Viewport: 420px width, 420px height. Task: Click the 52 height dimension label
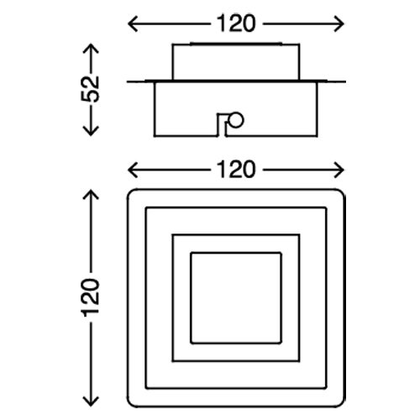[x=91, y=89]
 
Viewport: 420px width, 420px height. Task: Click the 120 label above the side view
[x=236, y=24]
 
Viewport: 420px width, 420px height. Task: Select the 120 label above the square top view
[x=236, y=170]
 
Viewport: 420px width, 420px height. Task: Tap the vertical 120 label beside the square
[x=91, y=297]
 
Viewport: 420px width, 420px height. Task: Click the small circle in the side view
[x=235, y=120]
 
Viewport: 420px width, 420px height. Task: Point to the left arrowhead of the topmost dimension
[x=133, y=24]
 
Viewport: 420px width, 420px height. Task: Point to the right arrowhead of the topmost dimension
[x=339, y=24]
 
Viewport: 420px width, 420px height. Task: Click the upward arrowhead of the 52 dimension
[x=91, y=49]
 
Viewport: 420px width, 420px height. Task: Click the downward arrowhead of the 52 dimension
[x=91, y=131]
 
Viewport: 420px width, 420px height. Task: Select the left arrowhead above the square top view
[x=133, y=170]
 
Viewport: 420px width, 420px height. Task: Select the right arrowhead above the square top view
[x=339, y=170]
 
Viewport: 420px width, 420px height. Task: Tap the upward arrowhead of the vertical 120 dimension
[x=91, y=195]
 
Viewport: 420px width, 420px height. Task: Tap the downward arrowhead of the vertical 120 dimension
[x=91, y=401]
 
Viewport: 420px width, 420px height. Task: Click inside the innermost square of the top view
[x=236, y=297]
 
